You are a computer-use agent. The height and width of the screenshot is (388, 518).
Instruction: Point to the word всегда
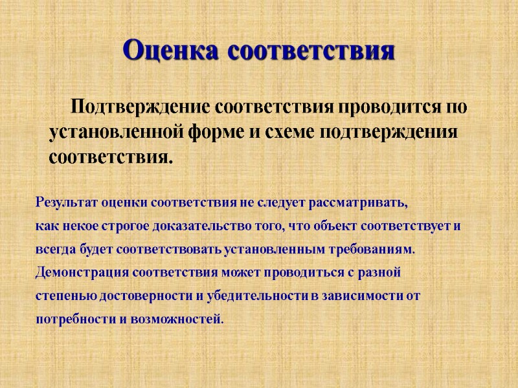coord(51,249)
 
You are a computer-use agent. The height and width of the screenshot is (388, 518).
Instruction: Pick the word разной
coord(383,272)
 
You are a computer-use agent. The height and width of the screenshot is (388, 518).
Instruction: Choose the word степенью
coord(60,296)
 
